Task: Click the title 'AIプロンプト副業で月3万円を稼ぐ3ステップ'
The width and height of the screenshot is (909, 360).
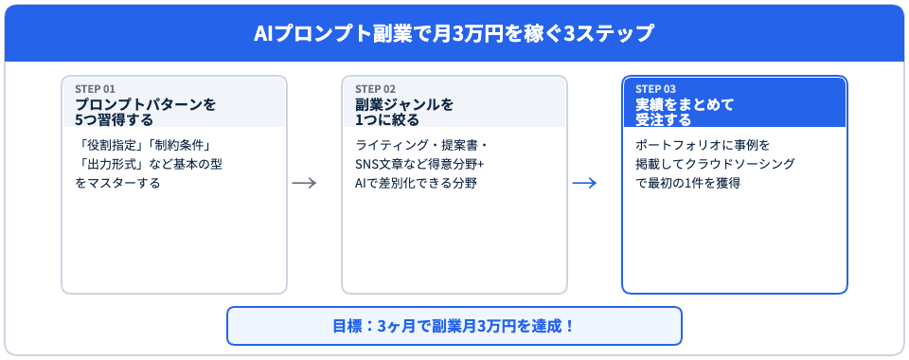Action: click(454, 33)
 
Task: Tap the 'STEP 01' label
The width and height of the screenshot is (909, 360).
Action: click(95, 89)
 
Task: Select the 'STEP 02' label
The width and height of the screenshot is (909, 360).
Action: click(375, 89)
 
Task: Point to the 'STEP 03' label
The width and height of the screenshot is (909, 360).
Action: click(655, 89)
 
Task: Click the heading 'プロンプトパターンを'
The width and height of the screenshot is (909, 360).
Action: click(145, 104)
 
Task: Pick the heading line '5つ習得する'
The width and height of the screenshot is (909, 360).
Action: click(114, 119)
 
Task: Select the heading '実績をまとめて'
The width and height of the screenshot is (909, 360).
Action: click(685, 104)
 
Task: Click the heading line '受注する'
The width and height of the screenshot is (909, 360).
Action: click(664, 119)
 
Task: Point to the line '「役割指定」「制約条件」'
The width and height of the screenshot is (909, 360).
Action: click(142, 146)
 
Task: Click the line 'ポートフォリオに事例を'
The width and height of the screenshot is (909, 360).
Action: click(704, 146)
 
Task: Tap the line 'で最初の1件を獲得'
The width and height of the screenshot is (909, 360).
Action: click(687, 183)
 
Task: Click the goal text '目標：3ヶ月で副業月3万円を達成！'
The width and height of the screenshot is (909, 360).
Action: click(454, 327)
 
